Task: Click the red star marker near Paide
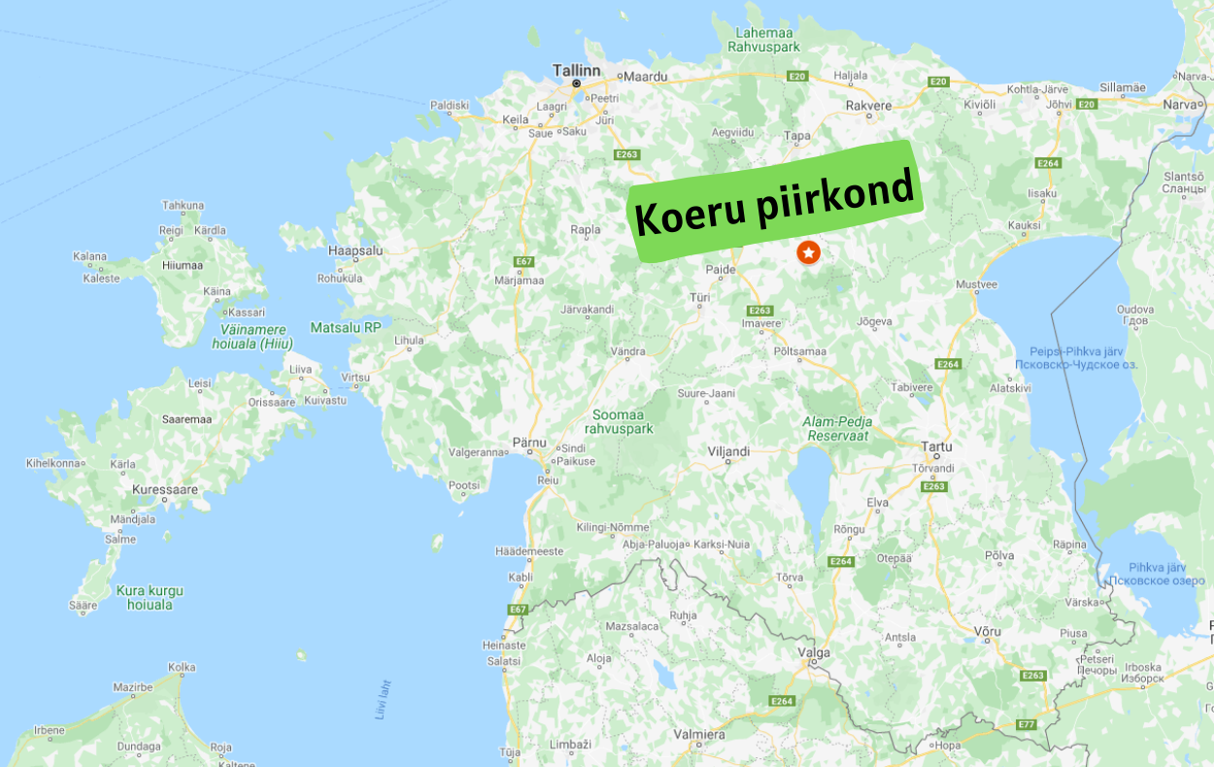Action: click(808, 252)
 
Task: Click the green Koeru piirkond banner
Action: click(775, 201)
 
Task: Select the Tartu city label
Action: click(936, 448)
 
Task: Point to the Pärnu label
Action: click(529, 442)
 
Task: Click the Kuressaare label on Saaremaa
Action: click(165, 489)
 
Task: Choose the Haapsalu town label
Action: click(355, 250)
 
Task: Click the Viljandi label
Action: click(728, 451)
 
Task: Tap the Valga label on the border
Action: click(813, 652)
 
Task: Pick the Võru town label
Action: click(986, 631)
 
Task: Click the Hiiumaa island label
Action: click(182, 264)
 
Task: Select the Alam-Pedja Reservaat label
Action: click(837, 428)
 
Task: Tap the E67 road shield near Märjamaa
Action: click(524, 261)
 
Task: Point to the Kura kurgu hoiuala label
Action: click(149, 597)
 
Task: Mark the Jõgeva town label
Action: click(875, 321)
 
